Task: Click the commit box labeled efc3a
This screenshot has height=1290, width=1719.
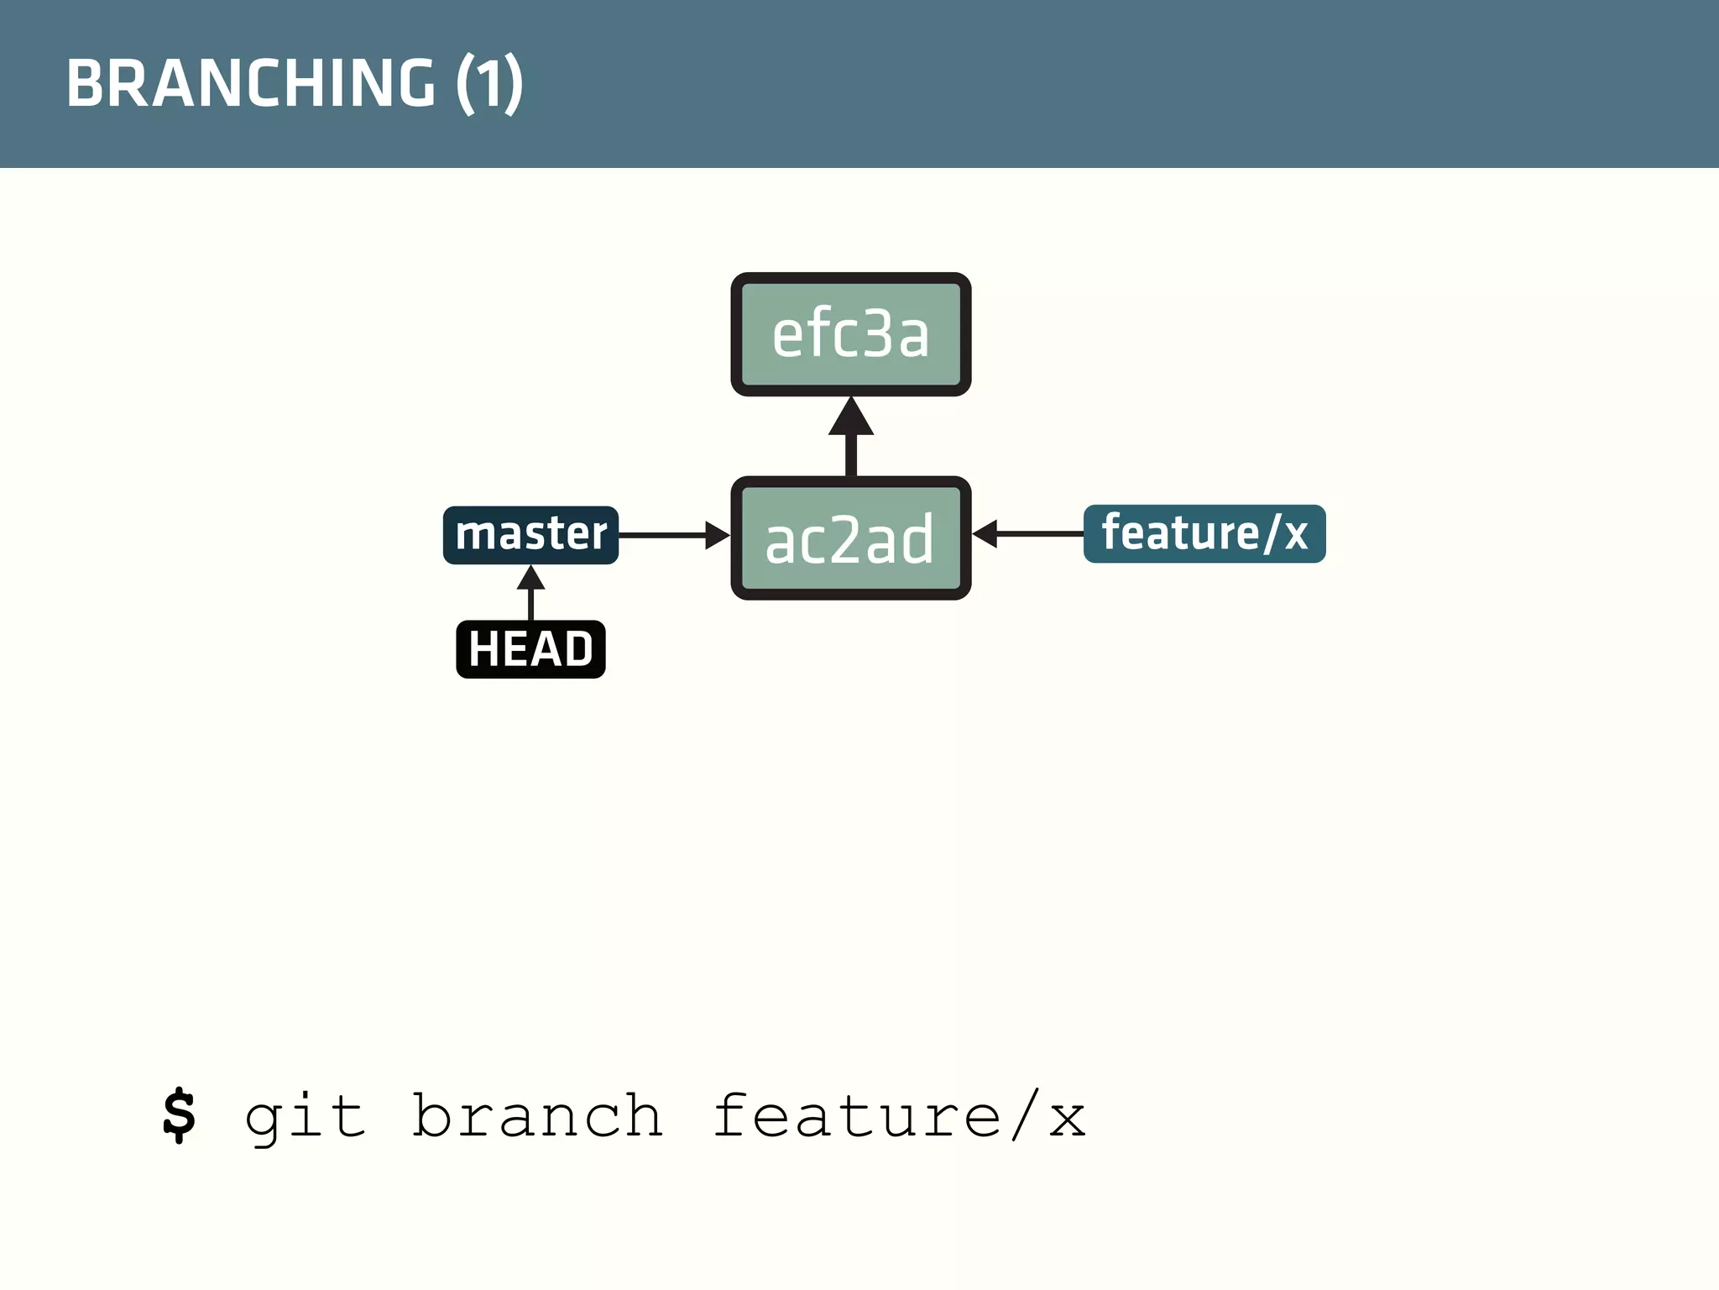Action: (850, 334)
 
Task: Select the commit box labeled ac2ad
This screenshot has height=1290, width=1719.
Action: (850, 538)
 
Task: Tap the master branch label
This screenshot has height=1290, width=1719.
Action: (530, 535)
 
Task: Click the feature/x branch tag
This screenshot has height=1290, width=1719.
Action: (1204, 533)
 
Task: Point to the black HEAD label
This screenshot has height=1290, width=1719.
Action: (530, 649)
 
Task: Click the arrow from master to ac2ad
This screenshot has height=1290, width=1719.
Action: (671, 535)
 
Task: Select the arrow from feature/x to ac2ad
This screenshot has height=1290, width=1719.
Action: (1028, 533)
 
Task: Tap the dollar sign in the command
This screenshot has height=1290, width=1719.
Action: (179, 1115)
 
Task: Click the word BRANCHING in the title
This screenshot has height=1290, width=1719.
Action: (251, 83)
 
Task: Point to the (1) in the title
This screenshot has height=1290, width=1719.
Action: (489, 83)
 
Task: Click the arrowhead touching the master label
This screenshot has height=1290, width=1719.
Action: (530, 578)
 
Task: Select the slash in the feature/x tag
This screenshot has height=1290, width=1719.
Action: (1272, 533)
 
